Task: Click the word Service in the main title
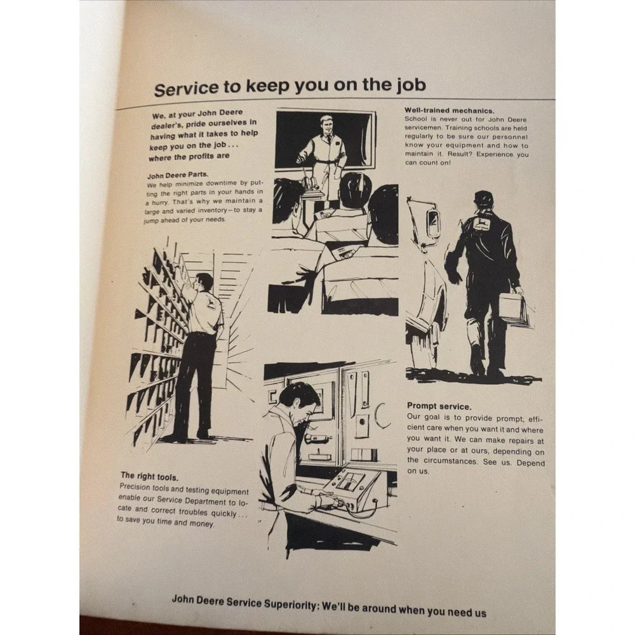(186, 88)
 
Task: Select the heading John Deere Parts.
(178, 175)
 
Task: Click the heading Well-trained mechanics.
(449, 110)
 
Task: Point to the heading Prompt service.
(439, 406)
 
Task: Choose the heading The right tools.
(149, 476)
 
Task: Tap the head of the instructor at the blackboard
(326, 126)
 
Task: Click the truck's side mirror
(433, 222)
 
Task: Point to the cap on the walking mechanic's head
(484, 197)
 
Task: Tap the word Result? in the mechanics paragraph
(460, 154)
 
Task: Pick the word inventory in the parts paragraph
(212, 211)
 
